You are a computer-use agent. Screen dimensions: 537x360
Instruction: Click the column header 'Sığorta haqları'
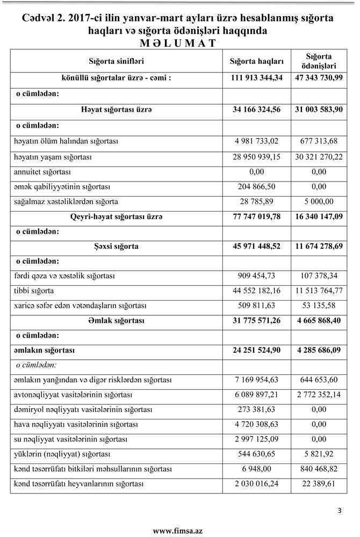tap(257, 61)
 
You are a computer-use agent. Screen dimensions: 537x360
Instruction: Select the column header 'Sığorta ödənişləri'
tap(319, 61)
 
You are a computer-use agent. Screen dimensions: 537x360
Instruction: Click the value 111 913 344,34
tap(257, 78)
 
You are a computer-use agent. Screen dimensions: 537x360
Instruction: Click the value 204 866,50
tap(257, 187)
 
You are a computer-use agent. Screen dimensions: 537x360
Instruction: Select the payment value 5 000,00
tap(319, 202)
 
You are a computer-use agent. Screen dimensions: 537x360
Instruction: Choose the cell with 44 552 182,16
tap(257, 291)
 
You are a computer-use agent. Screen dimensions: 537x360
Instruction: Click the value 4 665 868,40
tap(319, 321)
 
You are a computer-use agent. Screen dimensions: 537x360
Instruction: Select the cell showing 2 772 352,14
tap(319, 395)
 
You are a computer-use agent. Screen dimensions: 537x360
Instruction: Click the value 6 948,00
tap(257, 469)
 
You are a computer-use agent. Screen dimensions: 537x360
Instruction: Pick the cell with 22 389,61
tap(319, 484)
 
